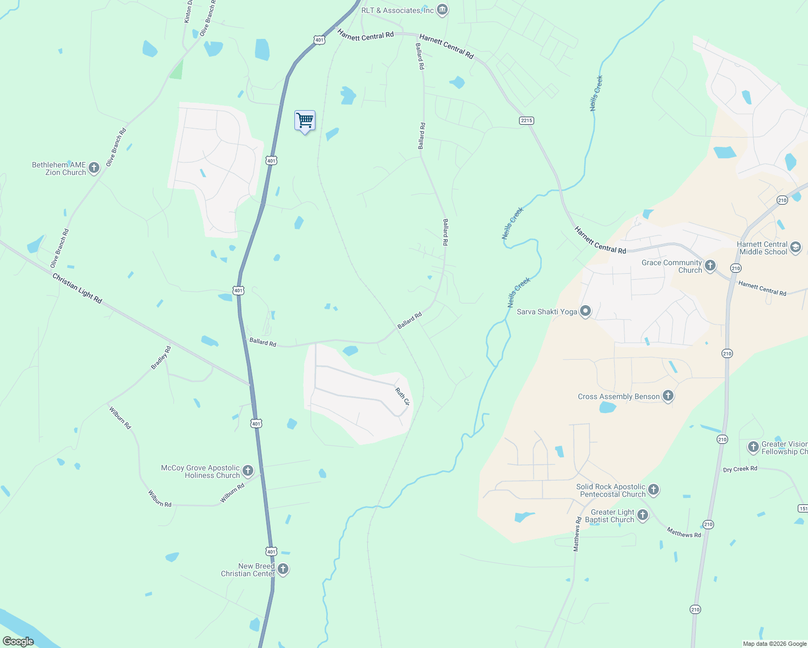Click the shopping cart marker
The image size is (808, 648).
[305, 120]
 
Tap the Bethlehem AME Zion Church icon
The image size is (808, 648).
[94, 168]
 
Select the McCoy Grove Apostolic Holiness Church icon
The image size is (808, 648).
[248, 471]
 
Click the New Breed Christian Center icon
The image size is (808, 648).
[282, 569]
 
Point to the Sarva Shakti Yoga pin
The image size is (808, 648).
[585, 311]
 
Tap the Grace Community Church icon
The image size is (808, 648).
[710, 266]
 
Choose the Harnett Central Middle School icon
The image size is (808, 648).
[795, 247]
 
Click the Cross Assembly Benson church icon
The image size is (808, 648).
[668, 396]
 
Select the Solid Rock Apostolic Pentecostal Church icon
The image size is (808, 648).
[654, 490]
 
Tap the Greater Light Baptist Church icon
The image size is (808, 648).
[642, 515]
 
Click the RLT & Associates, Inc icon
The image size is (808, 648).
[442, 10]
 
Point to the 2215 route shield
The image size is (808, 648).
[527, 120]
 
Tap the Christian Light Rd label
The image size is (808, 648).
[77, 288]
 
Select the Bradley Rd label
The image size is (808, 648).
[161, 357]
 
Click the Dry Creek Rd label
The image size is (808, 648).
[740, 469]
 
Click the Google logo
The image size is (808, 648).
[18, 642]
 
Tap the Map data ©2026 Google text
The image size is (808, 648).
[775, 644]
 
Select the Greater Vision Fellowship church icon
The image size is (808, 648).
[753, 447]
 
